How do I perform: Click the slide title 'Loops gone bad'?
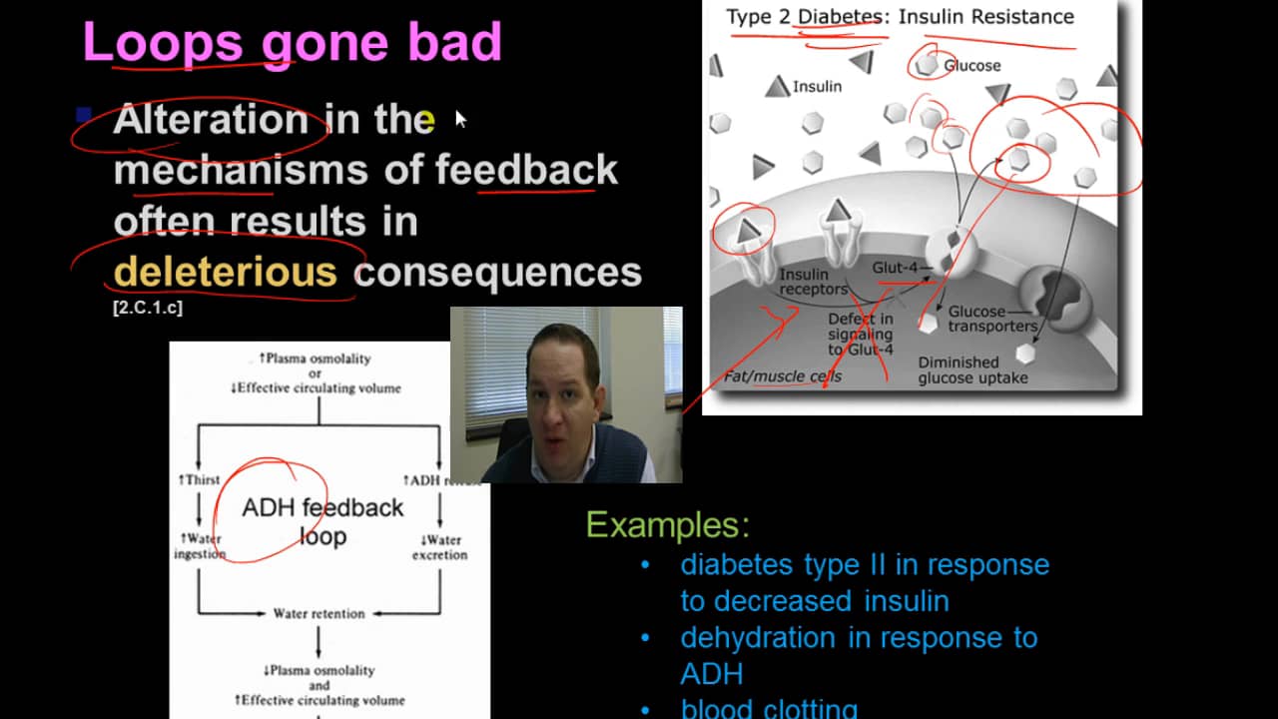[x=292, y=43]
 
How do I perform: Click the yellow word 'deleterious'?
[x=226, y=272]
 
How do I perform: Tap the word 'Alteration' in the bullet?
[x=211, y=120]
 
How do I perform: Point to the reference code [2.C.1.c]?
[x=148, y=309]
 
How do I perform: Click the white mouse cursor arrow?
[x=460, y=119]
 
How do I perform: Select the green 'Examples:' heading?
[x=667, y=524]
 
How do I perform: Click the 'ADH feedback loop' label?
[x=322, y=521]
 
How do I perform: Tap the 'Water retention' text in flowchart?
[x=319, y=613]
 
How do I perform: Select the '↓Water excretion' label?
[x=439, y=547]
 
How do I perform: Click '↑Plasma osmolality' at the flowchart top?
[x=315, y=359]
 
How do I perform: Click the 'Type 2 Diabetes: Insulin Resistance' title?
[x=900, y=17]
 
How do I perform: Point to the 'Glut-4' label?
[x=895, y=268]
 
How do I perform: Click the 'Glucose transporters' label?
[x=991, y=319]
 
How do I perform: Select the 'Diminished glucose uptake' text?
[x=972, y=370]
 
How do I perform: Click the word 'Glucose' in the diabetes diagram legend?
[x=971, y=66]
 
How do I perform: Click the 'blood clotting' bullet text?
[x=769, y=709]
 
